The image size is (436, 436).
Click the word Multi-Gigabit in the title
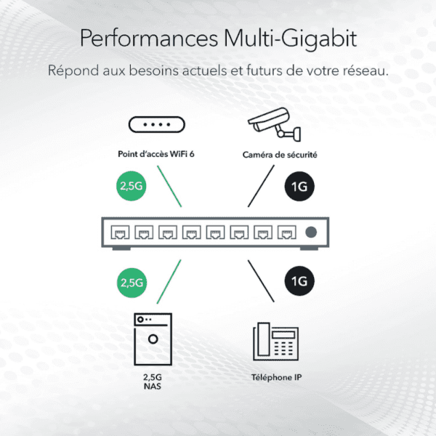[290, 39]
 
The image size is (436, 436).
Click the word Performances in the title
[149, 39]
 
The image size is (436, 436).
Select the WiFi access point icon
[157, 124]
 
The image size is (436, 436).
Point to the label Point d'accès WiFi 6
[156, 154]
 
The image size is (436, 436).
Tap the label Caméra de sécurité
[280, 155]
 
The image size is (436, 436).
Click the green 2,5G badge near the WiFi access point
[132, 186]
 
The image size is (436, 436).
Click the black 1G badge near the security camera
[299, 186]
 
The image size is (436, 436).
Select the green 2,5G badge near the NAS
[132, 283]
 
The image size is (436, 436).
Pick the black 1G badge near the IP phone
[299, 281]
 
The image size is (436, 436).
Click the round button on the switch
[311, 233]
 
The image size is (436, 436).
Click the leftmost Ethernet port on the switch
[120, 233]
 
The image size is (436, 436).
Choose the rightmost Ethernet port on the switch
[287, 233]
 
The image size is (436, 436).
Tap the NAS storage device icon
[153, 339]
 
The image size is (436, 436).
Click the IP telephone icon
[275, 342]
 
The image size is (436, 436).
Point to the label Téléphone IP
[276, 377]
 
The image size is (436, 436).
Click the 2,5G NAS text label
[153, 381]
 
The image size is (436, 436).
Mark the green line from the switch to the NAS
[169, 282]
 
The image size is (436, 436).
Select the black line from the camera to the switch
[261, 186]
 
